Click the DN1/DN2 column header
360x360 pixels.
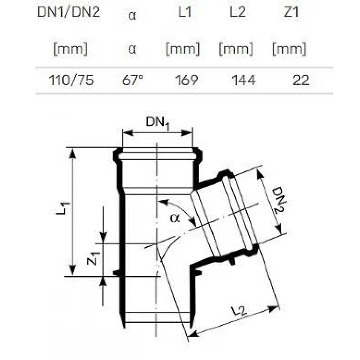[68, 13]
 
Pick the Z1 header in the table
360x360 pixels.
[291, 13]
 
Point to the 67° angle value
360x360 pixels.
[133, 80]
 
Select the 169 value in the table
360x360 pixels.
[186, 80]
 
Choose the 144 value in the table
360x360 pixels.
[243, 80]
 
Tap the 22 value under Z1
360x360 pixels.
[301, 80]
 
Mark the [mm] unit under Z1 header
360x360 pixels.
[289, 48]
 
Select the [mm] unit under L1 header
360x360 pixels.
[183, 48]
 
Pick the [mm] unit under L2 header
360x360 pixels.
[235, 48]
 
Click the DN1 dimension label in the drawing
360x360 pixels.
[157, 123]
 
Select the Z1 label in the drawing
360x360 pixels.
[93, 259]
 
